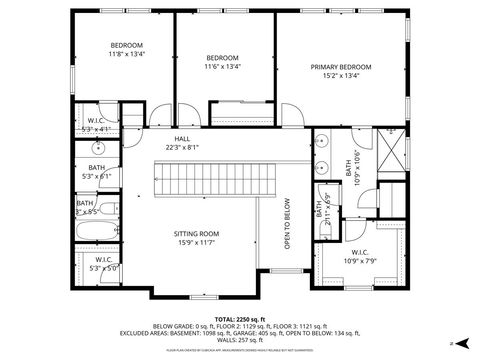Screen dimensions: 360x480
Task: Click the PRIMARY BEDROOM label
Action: tap(340, 67)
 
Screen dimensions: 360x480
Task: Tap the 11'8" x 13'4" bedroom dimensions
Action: tap(126, 55)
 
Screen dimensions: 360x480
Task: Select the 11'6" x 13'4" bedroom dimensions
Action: tap(222, 67)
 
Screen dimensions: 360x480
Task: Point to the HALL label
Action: tap(182, 139)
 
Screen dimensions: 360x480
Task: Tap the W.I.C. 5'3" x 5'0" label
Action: tap(103, 264)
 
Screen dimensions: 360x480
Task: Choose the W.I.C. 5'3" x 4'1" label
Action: tap(98, 125)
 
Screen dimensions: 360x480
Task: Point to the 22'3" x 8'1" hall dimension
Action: tap(182, 148)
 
